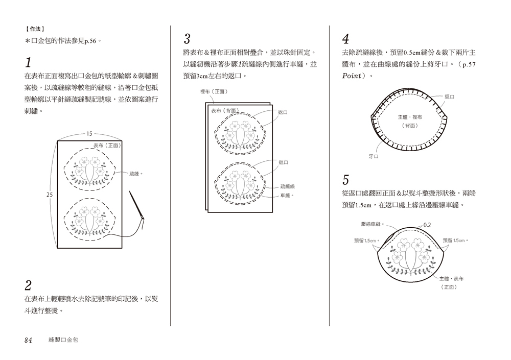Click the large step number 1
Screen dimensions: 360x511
29,63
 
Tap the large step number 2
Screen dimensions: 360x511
29,285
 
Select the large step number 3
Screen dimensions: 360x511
187,39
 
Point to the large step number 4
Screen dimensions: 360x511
346,39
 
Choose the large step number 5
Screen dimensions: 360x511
346,180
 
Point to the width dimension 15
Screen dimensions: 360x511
89,134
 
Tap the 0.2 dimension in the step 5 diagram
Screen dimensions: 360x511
427,225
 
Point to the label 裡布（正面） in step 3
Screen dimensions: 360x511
214,91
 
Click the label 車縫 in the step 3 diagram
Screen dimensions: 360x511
287,195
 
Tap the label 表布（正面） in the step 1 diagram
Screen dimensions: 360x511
106,146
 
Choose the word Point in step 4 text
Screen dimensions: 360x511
354,76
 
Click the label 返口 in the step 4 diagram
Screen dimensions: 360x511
449,97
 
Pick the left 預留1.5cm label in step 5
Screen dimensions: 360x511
365,240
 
